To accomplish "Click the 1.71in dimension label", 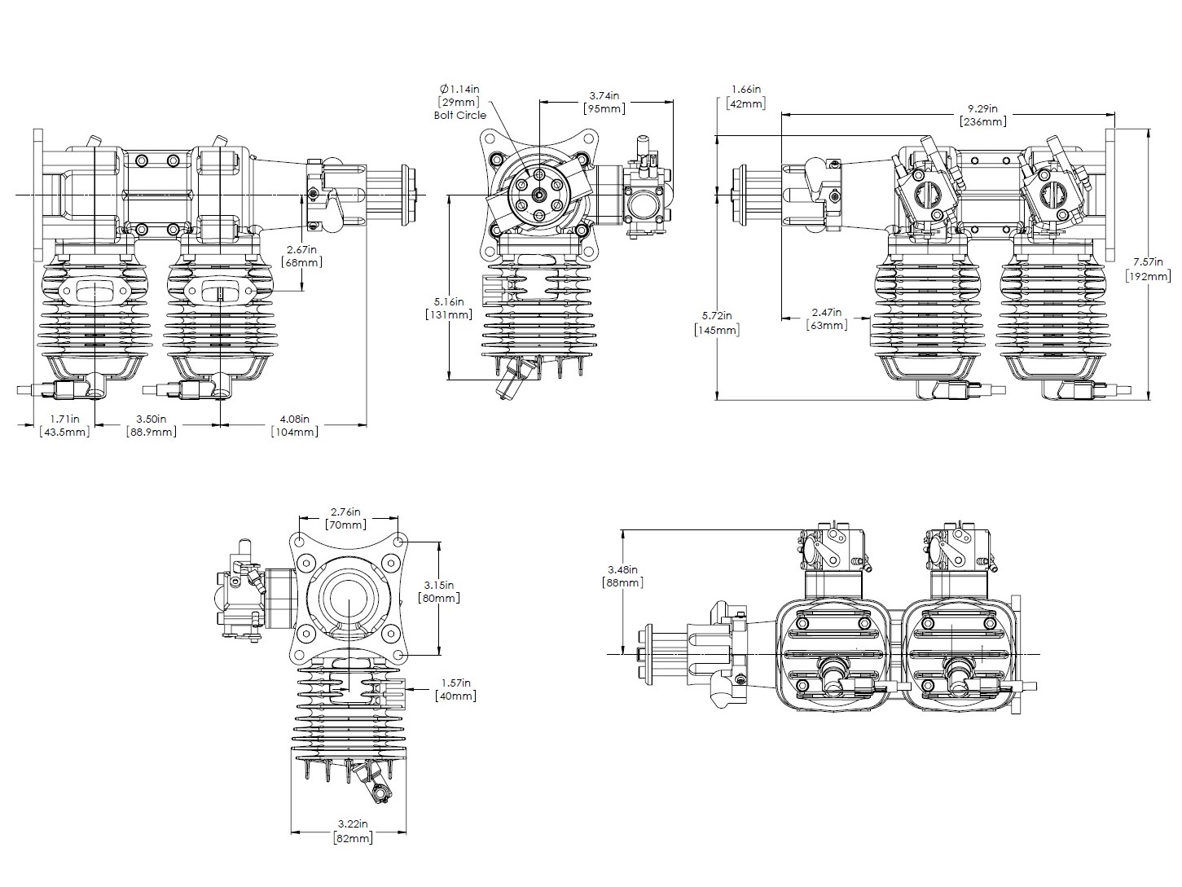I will [x=64, y=419].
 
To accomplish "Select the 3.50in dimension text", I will [x=152, y=419].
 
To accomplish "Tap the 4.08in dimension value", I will [x=294, y=419].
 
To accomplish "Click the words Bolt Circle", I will [x=460, y=115].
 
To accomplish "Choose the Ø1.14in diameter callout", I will [x=460, y=89].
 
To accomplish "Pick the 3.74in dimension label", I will [x=604, y=95].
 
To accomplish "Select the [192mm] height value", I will [x=1148, y=275].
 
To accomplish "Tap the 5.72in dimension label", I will [x=717, y=316].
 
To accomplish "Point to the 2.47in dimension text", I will [x=826, y=312].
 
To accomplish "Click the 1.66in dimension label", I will [x=745, y=89].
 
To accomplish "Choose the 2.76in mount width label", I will [x=345, y=512].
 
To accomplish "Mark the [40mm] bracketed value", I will [x=455, y=696].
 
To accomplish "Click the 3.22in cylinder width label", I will [x=352, y=825].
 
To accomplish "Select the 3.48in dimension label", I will [x=622, y=569].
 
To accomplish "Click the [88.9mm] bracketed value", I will [x=152, y=432].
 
